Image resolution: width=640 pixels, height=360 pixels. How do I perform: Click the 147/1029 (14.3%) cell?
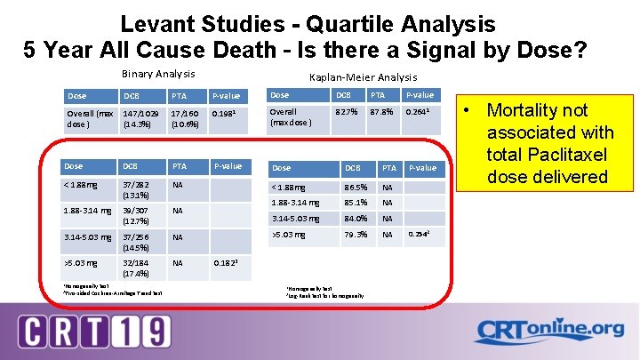click(142, 119)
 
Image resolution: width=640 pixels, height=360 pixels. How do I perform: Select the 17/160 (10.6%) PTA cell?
click(186, 119)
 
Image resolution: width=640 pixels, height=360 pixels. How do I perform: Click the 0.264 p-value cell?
click(419, 112)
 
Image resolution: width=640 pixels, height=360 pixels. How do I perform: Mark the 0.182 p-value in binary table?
click(226, 263)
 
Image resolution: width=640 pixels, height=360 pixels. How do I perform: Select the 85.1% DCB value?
click(356, 204)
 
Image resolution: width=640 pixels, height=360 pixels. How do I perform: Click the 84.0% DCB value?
click(356, 219)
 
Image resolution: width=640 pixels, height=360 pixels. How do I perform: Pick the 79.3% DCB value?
click(356, 235)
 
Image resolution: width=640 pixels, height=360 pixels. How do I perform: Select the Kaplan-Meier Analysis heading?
click(362, 78)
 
